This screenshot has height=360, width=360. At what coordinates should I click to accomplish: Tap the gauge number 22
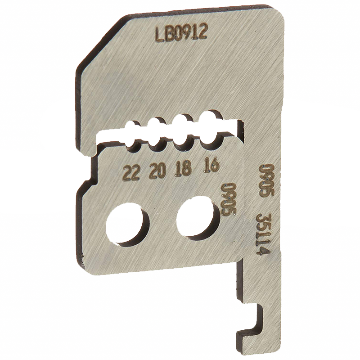(131, 173)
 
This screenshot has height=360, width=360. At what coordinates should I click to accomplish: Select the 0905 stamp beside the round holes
(229, 199)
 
